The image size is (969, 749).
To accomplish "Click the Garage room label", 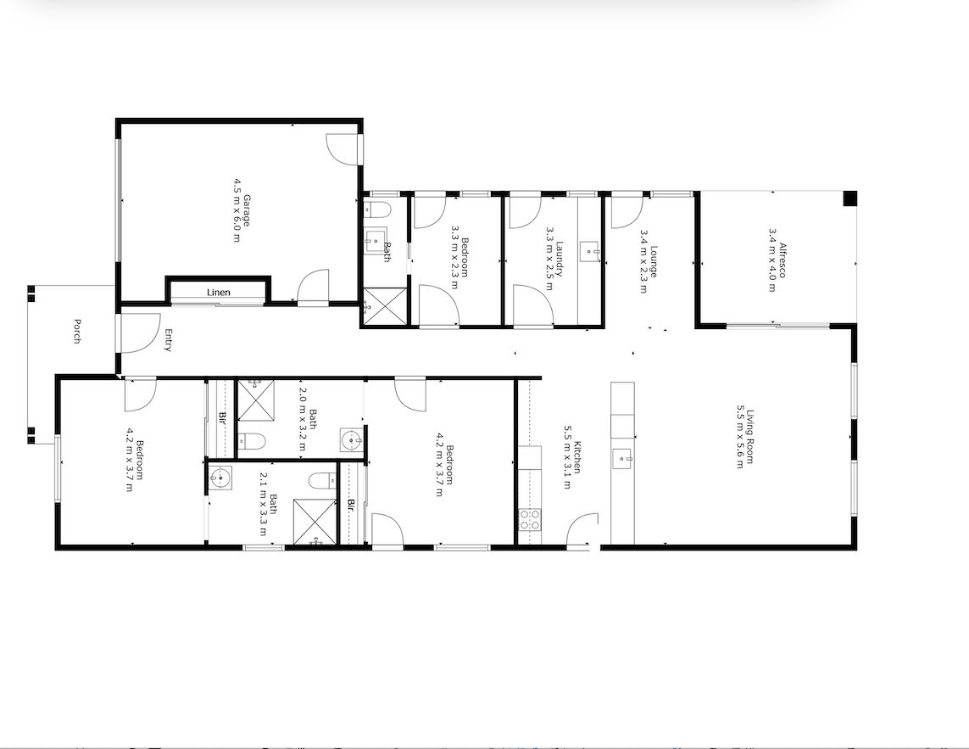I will click(247, 211).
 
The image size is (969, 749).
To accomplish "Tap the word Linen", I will click(219, 293).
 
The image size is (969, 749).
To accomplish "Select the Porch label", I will click(77, 330).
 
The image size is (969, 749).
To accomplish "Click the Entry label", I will click(168, 340).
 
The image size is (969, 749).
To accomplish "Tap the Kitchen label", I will click(577, 457).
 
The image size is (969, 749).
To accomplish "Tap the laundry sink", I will click(590, 251).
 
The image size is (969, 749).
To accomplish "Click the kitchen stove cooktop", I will click(529, 519).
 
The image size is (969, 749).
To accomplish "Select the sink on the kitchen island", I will click(625, 459).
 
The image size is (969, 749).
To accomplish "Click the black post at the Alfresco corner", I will click(849, 199).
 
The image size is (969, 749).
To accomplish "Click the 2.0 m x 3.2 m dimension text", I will click(303, 419).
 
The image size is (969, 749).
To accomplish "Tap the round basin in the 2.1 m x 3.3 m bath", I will click(220, 478).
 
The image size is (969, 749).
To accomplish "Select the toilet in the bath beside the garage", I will click(377, 210).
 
